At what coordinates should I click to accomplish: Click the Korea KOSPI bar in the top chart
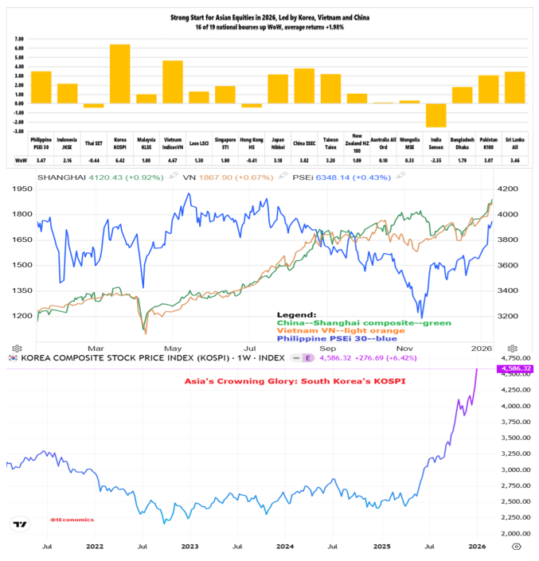click(x=119, y=73)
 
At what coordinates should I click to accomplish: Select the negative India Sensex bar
click(x=435, y=115)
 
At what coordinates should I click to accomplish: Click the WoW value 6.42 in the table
click(x=119, y=160)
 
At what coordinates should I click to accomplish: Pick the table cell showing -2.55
click(x=435, y=160)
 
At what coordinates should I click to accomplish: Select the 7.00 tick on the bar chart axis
click(x=19, y=38)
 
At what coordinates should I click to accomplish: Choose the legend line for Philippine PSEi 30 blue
click(x=342, y=340)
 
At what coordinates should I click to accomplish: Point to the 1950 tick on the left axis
click(x=21, y=189)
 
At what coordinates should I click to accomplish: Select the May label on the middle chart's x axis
click(x=172, y=349)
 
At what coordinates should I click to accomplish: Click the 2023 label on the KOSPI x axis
click(x=189, y=547)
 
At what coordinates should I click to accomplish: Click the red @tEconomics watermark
click(x=72, y=520)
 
